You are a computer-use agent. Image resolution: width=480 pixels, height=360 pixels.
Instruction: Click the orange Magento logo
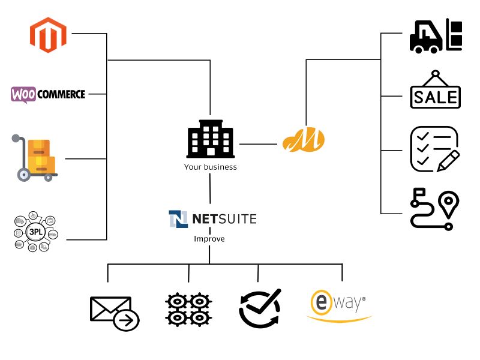click(x=47, y=35)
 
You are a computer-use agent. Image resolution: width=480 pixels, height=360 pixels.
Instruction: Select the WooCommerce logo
click(x=49, y=94)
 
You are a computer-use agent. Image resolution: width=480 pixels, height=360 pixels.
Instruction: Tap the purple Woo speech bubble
click(x=22, y=94)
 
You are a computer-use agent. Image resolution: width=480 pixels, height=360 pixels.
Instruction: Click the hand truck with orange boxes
click(x=35, y=158)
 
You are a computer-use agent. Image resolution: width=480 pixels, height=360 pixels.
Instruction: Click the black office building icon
click(x=210, y=139)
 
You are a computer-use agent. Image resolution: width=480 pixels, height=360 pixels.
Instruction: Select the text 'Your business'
click(x=210, y=167)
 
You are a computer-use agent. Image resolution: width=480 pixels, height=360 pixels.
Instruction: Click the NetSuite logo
click(x=212, y=219)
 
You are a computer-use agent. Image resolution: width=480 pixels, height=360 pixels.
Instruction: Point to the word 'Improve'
click(x=209, y=238)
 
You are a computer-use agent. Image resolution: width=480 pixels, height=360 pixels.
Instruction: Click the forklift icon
click(x=436, y=35)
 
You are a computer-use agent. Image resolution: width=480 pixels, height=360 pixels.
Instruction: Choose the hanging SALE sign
click(x=436, y=91)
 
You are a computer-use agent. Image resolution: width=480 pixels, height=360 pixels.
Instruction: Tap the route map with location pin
click(x=434, y=208)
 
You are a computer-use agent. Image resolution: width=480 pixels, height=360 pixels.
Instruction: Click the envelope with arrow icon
click(x=114, y=313)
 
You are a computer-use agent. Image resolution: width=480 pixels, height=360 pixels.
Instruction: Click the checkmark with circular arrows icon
click(x=259, y=308)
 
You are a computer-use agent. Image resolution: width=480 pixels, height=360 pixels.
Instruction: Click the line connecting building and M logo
click(x=258, y=144)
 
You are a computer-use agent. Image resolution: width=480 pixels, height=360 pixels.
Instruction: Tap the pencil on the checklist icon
click(x=448, y=161)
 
